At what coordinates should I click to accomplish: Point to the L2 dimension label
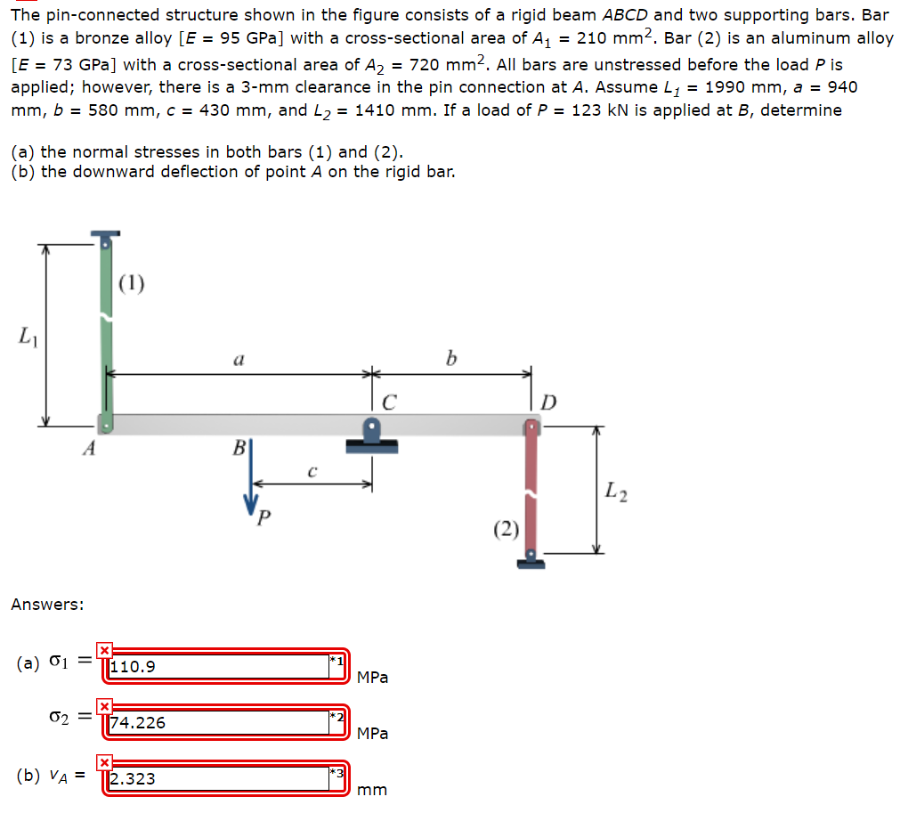coord(615,489)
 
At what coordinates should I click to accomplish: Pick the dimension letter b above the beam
coord(453,359)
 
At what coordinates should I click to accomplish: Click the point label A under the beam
coord(88,450)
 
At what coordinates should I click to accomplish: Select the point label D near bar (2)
coord(548,403)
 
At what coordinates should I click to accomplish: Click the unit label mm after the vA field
coord(372,790)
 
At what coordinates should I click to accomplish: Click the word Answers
coord(47,605)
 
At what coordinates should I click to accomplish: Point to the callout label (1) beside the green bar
coord(131,284)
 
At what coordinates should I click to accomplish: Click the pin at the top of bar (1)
coord(105,238)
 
